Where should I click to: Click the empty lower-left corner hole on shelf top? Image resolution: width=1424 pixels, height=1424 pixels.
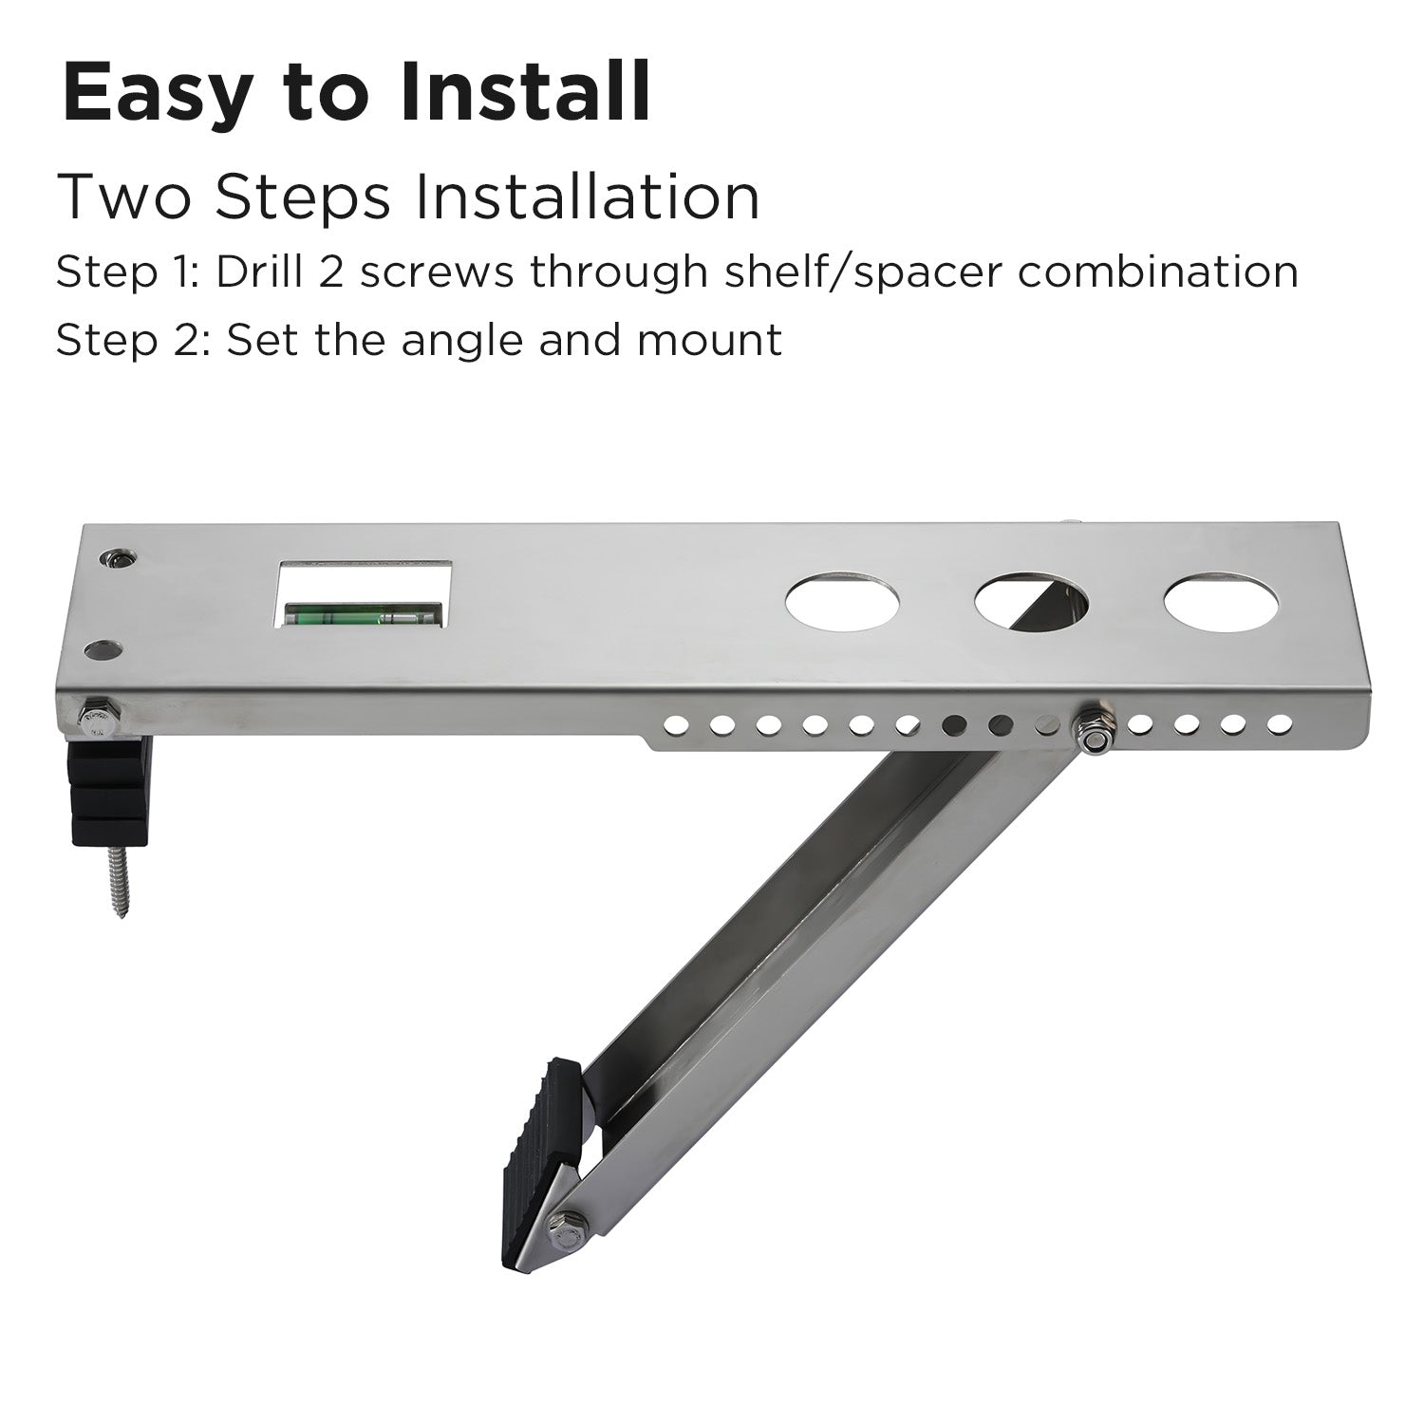[102, 651]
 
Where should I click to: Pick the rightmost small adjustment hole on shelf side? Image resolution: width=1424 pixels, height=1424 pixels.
[1280, 724]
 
